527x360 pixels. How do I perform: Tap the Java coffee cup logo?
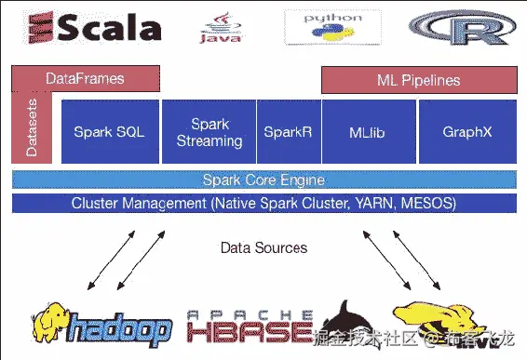tap(222, 28)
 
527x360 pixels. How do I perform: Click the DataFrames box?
tap(84, 79)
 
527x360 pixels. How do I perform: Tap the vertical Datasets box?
tap(32, 130)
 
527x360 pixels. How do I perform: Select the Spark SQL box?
tap(109, 132)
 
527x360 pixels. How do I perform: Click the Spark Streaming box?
tap(209, 132)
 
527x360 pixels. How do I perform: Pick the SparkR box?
tap(287, 132)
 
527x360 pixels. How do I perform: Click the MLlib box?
tap(366, 132)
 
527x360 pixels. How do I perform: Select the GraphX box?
tap(466, 132)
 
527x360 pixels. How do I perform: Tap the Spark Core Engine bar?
tap(263, 180)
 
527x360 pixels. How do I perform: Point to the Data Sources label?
tap(263, 247)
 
